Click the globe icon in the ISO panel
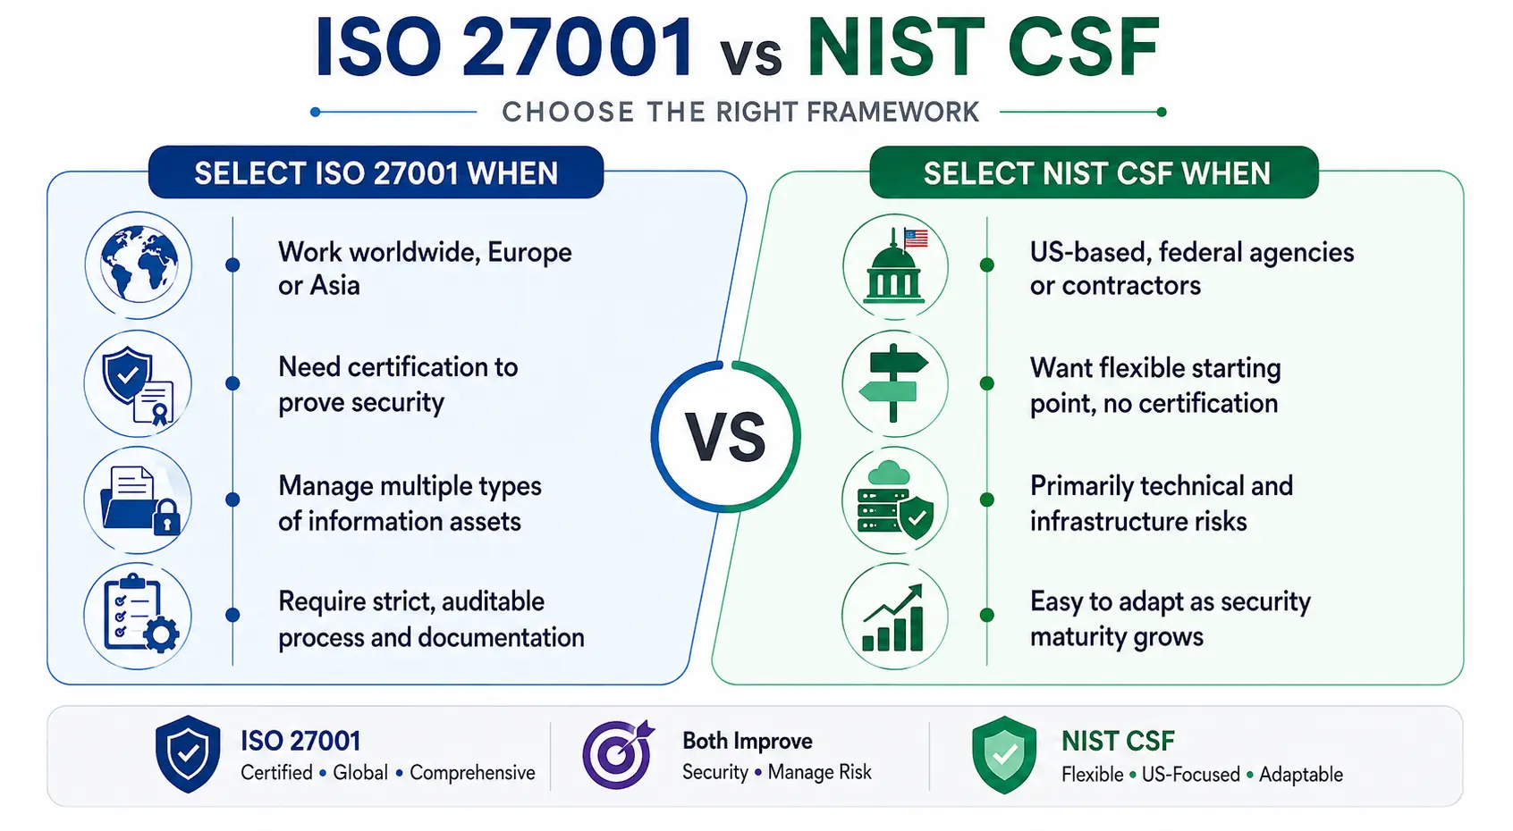coord(139,264)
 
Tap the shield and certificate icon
coord(138,383)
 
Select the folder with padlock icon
coord(138,500)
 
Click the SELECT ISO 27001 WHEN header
coord(376,172)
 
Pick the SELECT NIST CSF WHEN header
coord(1095,172)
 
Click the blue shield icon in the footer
coord(188,754)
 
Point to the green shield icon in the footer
coord(1004,755)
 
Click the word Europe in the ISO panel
coord(529,253)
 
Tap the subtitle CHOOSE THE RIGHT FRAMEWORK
coord(740,112)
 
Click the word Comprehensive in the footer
coord(472,772)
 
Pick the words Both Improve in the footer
coord(747,741)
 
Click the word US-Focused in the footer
coord(1190,774)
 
